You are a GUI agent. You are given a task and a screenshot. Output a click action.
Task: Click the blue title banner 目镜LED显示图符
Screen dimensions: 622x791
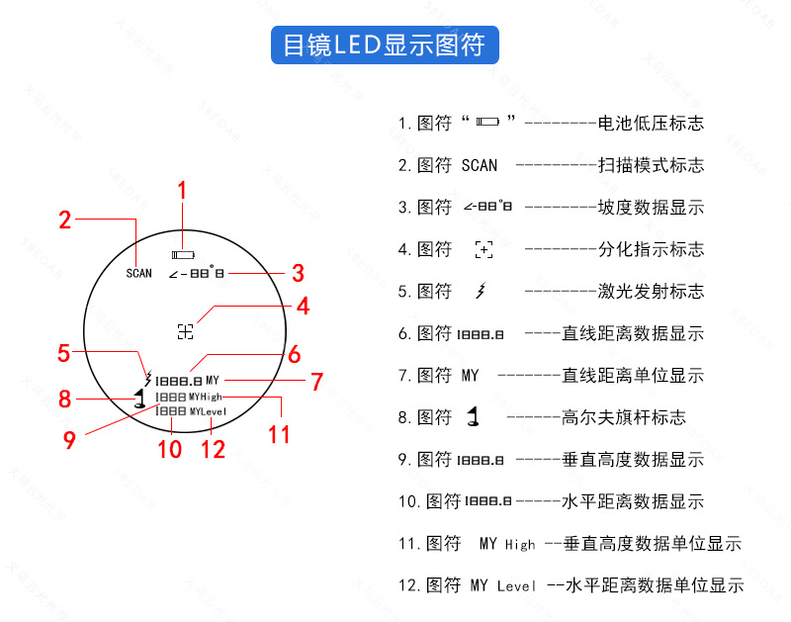(385, 45)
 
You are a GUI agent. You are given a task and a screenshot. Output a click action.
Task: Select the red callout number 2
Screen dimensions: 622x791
(65, 220)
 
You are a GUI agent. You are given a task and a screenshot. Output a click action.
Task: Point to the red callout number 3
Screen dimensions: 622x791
(297, 273)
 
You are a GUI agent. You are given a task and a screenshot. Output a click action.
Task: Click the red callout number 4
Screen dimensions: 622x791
(304, 307)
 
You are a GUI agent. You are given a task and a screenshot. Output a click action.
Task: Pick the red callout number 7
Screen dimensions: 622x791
(316, 381)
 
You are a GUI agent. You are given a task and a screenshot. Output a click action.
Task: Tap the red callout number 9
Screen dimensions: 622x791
(69, 440)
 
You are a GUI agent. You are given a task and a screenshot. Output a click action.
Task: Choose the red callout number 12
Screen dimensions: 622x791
(213, 449)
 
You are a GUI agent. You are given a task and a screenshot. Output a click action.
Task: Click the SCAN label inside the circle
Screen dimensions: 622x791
(139, 273)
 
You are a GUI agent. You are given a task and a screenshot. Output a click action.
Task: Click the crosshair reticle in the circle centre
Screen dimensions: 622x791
(185, 331)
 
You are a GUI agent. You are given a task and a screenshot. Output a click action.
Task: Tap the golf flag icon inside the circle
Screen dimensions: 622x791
(140, 400)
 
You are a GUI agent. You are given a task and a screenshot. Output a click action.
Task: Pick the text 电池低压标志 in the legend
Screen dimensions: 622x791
(652, 124)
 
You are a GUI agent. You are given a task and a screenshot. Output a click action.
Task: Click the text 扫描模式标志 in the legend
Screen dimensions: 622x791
(652, 165)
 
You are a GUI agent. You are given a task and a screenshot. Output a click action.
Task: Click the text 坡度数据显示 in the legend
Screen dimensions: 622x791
(652, 208)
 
